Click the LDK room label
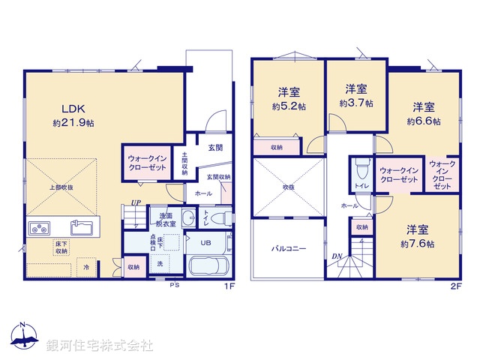coord(62,106)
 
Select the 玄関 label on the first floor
coord(216,148)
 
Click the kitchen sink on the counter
coord(82,226)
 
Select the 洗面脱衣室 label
coord(166,219)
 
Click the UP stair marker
coord(136,202)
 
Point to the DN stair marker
coord(337,257)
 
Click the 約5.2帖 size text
coord(290,107)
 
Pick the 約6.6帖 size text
coord(424,120)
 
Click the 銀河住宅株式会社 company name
coord(100,346)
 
